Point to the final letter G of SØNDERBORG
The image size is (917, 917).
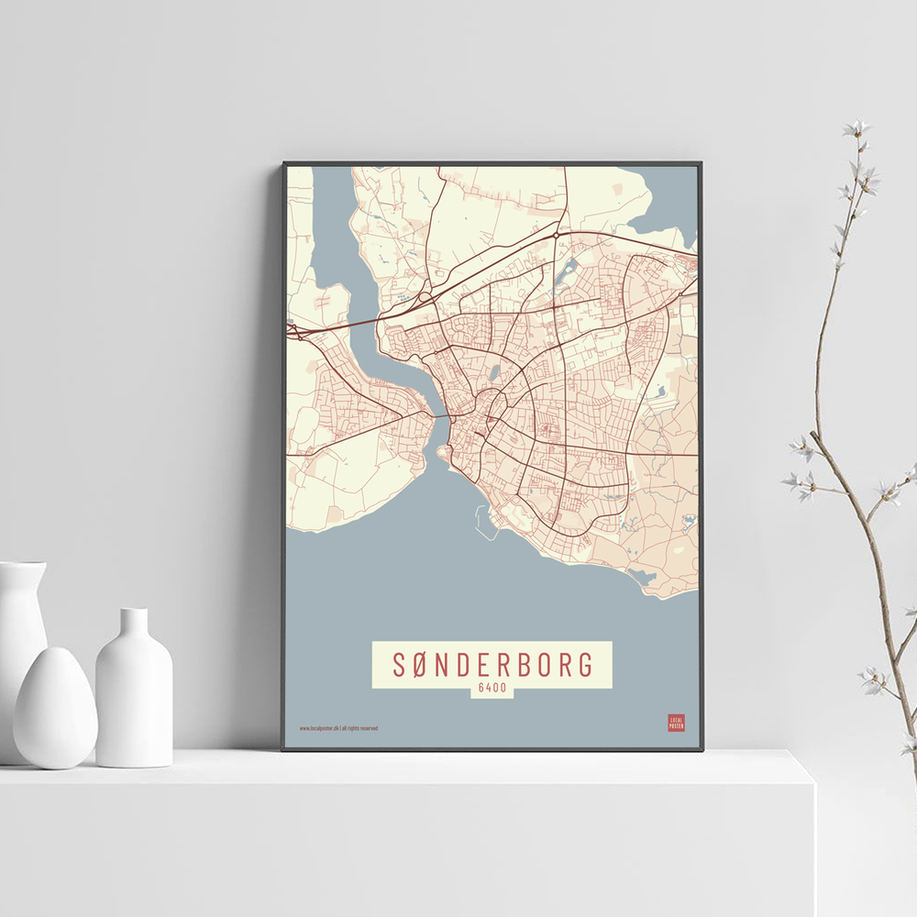(x=584, y=665)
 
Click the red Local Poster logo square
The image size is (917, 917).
(x=676, y=723)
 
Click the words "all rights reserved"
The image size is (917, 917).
(x=359, y=728)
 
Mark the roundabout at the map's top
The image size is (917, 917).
(x=556, y=236)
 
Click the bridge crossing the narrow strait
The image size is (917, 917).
(x=439, y=417)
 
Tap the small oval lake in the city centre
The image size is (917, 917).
(x=494, y=373)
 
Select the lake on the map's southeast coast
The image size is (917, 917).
(x=642, y=576)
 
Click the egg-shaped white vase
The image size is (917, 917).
(x=55, y=707)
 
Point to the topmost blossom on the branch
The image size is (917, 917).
(x=856, y=128)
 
